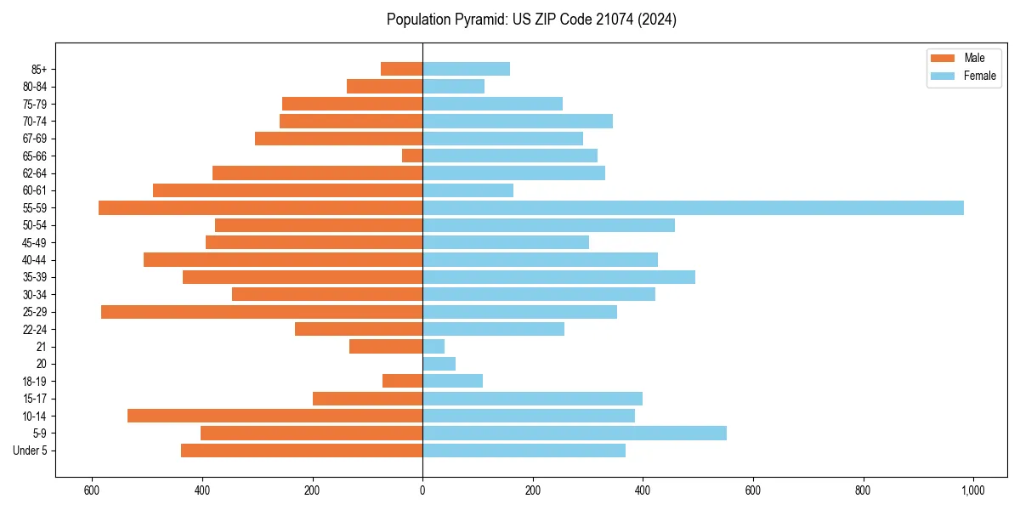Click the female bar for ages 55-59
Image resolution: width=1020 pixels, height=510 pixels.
[693, 208]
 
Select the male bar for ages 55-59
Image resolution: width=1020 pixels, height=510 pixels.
[260, 208]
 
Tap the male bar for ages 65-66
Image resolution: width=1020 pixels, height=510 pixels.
[412, 156]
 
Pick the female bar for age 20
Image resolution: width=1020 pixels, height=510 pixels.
[439, 364]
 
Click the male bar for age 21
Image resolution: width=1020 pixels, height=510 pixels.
[386, 347]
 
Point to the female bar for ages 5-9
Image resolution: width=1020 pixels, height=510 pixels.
[575, 433]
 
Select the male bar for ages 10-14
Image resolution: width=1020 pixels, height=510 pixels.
[275, 416]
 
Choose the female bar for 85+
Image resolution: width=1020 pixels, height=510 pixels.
[466, 69]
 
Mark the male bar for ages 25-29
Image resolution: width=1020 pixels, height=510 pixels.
[262, 312]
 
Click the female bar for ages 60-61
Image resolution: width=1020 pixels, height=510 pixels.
[467, 190]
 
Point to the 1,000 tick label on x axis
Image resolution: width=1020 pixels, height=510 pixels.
[973, 490]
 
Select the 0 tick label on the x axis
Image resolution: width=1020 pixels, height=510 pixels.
[422, 490]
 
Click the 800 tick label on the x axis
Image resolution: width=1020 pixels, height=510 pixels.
[863, 490]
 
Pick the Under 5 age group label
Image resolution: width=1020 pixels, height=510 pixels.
[30, 450]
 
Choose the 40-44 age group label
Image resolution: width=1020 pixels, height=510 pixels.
[34, 260]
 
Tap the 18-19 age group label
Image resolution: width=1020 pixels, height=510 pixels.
[34, 382]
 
